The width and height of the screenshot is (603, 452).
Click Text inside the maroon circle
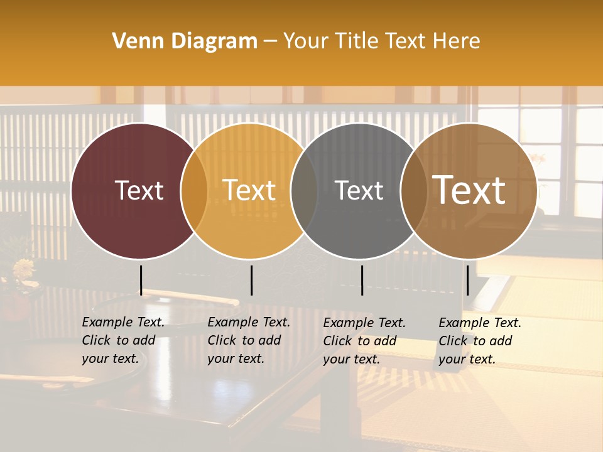coord(139,191)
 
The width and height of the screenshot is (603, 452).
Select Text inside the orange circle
coord(249,191)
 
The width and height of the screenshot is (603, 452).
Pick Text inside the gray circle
coord(359,191)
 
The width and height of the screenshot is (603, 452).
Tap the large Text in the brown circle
coord(469,190)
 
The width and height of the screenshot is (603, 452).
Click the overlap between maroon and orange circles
coord(194,191)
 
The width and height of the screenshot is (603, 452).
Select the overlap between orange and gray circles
coord(304,191)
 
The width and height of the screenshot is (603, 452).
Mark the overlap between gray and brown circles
coord(414,191)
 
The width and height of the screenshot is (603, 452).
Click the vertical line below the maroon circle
coord(141,280)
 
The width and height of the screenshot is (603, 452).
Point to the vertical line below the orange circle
coord(251,280)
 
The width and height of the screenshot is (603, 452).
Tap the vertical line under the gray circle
coord(362,280)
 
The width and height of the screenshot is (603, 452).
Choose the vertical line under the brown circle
coord(468,280)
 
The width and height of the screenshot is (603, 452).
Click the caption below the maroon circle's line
coord(122,340)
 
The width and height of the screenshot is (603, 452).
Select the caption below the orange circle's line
coord(248,340)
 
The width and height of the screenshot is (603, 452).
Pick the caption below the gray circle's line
coord(364,341)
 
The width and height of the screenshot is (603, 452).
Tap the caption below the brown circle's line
coord(479,341)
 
